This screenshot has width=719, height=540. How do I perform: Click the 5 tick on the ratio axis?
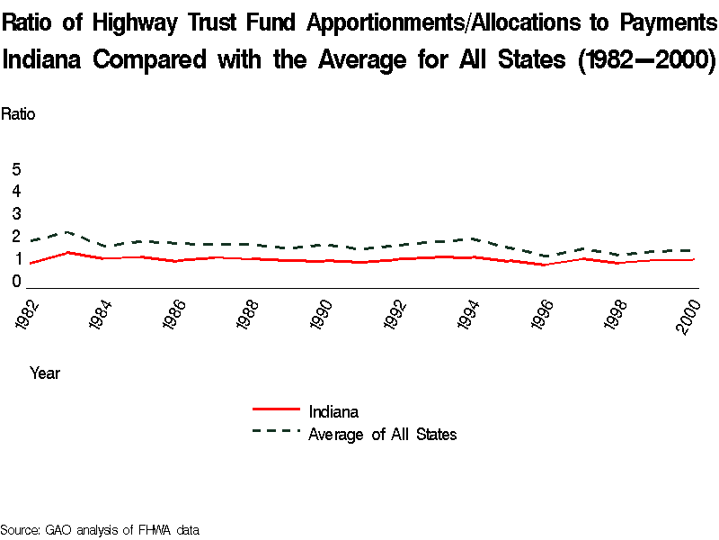(x=16, y=169)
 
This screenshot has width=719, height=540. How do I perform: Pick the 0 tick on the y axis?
(x=16, y=282)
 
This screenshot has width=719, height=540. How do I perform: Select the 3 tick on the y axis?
(x=16, y=214)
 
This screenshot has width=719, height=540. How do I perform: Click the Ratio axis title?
(x=18, y=114)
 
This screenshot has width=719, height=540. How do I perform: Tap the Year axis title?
(x=45, y=373)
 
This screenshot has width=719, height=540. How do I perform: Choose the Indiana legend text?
(x=333, y=412)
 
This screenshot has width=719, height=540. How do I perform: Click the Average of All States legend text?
(x=382, y=435)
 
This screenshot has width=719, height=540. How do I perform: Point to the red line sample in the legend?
(x=276, y=411)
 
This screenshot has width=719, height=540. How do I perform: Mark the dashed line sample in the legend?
(x=276, y=431)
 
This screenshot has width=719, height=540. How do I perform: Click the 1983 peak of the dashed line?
(x=67, y=231)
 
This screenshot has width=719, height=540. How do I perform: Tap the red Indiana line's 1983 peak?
(x=67, y=252)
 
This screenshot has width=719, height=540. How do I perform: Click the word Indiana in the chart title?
(x=43, y=60)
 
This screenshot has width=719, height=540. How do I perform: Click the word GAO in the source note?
(x=59, y=530)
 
